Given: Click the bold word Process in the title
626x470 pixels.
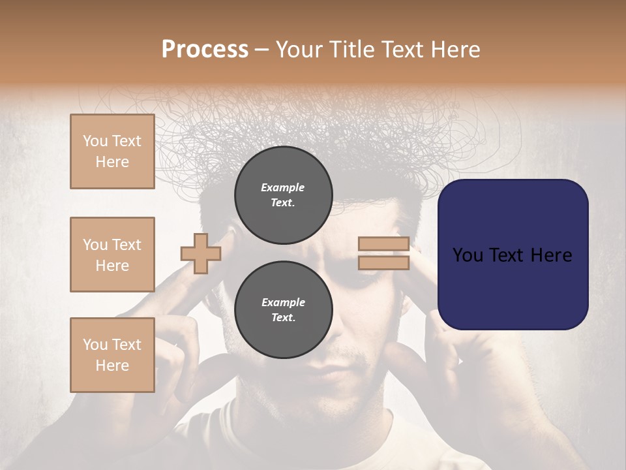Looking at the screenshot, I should click(205, 50).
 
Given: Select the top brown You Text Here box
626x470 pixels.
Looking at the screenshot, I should click(112, 151).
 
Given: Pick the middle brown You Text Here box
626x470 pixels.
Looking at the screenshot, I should click(112, 255).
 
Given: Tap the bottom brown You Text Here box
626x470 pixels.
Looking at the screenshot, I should click(112, 354).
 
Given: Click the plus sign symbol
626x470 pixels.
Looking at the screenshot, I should click(200, 253).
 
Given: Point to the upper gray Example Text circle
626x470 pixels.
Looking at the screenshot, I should click(283, 195).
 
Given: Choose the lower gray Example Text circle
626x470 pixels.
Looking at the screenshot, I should click(283, 309).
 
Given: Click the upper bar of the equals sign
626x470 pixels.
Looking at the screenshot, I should click(383, 244).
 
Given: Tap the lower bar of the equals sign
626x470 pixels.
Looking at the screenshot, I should click(383, 262).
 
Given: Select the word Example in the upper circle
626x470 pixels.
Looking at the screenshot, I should click(283, 187).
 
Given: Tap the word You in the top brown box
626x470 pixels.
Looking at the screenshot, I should click(95, 141).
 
